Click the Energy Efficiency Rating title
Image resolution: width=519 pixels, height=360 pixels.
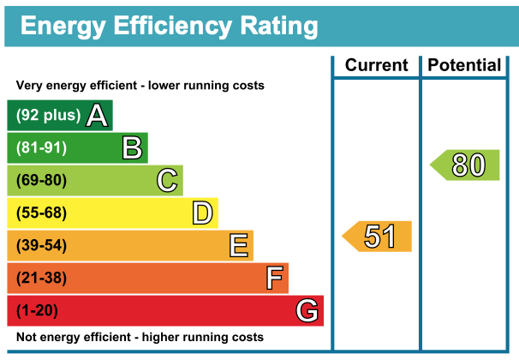[169, 25]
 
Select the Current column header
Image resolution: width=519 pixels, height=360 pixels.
[376, 65]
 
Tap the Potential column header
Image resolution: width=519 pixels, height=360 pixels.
[464, 65]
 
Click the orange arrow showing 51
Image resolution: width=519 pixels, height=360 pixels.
[378, 237]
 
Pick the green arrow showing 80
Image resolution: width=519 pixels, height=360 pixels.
[465, 165]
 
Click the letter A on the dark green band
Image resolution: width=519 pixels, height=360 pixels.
[98, 116]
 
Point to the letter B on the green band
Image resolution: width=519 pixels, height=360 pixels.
[132, 148]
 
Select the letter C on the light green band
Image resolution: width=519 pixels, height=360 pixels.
[167, 181]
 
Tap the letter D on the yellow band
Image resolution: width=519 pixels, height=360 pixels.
[202, 213]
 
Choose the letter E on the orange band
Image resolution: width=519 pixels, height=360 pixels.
[239, 246]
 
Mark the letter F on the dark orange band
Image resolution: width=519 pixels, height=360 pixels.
[274, 279]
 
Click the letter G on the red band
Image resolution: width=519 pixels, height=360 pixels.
[307, 310]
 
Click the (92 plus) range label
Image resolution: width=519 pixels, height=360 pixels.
[48, 116]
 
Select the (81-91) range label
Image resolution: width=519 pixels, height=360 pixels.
[41, 148]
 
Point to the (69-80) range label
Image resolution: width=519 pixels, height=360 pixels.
[41, 181]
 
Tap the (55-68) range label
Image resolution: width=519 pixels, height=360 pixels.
[41, 213]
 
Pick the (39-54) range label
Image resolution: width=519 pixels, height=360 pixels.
[41, 246]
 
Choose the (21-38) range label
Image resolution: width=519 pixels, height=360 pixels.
[41, 279]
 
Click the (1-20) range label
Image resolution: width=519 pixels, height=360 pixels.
[38, 310]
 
